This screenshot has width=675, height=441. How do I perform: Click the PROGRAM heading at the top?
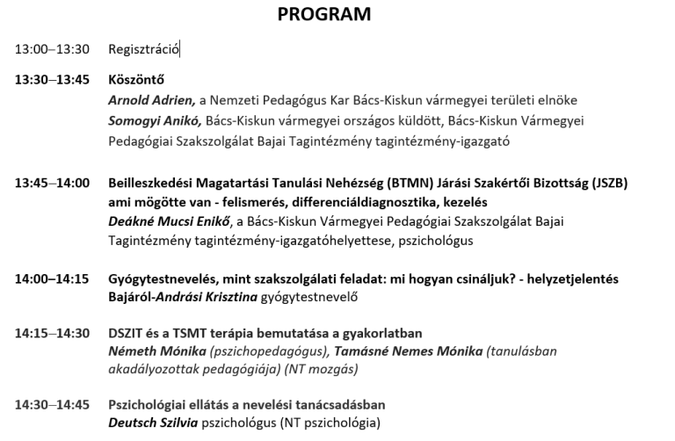[x=324, y=14]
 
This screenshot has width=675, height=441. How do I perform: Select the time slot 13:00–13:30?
[x=52, y=49]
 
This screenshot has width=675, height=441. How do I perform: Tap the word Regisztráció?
[x=143, y=49]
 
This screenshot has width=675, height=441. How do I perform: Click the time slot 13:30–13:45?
[x=52, y=79]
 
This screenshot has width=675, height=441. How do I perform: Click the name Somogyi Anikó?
[x=155, y=120]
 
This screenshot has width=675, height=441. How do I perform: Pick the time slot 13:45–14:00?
[x=52, y=183]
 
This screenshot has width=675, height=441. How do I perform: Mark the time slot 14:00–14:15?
[x=52, y=278]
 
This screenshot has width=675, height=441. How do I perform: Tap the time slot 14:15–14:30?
[x=52, y=333]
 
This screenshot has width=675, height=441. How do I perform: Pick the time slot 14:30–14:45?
[x=52, y=405]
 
